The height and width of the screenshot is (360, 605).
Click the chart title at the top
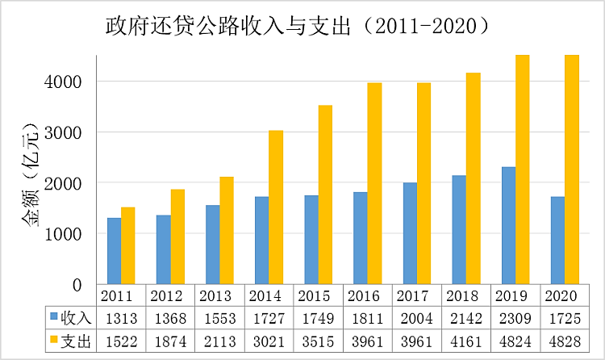pos(299,27)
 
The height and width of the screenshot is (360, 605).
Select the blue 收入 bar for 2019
pos(508,225)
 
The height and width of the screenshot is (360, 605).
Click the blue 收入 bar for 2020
pos(557,240)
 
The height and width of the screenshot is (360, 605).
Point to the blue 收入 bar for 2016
pos(360,238)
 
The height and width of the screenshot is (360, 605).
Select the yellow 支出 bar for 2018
pos(473,178)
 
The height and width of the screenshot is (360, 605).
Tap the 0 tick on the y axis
pos(77,284)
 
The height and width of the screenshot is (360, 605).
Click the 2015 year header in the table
pos(318,295)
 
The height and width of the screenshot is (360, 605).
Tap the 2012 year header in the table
pos(170,295)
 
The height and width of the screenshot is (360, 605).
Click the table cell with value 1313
pos(121,318)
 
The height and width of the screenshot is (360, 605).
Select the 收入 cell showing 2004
pos(416,318)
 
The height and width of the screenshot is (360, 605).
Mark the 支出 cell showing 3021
pos(269,341)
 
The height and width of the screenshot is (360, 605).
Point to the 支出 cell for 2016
pos(367,341)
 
